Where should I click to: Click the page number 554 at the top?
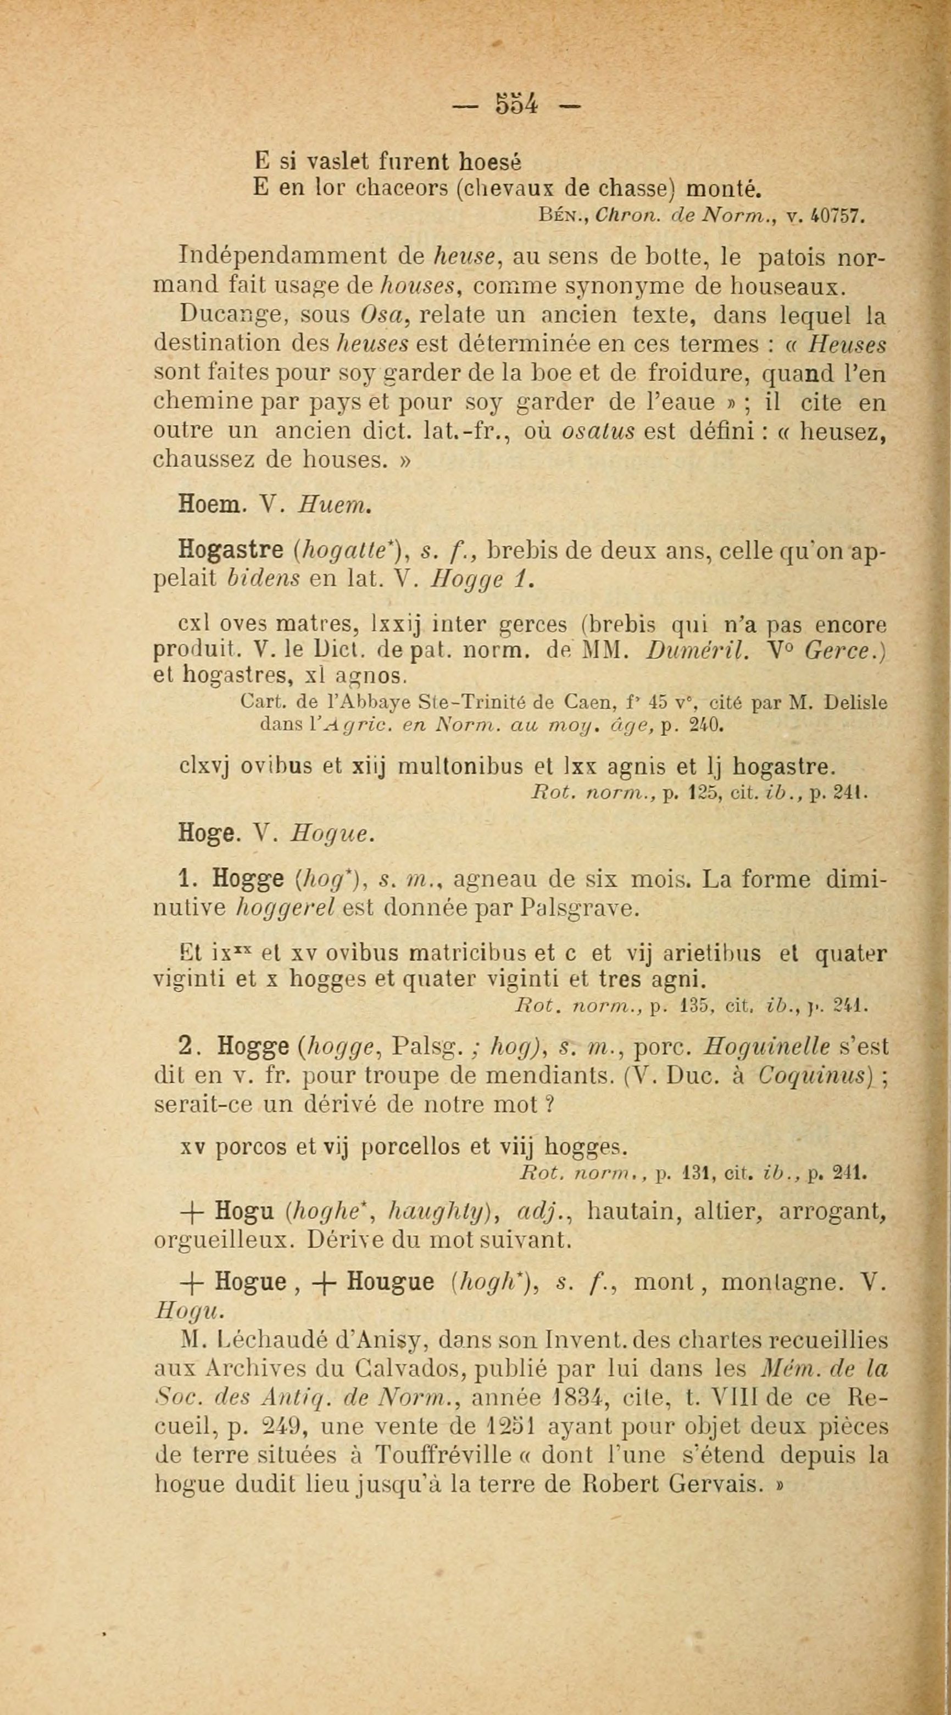click(516, 104)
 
